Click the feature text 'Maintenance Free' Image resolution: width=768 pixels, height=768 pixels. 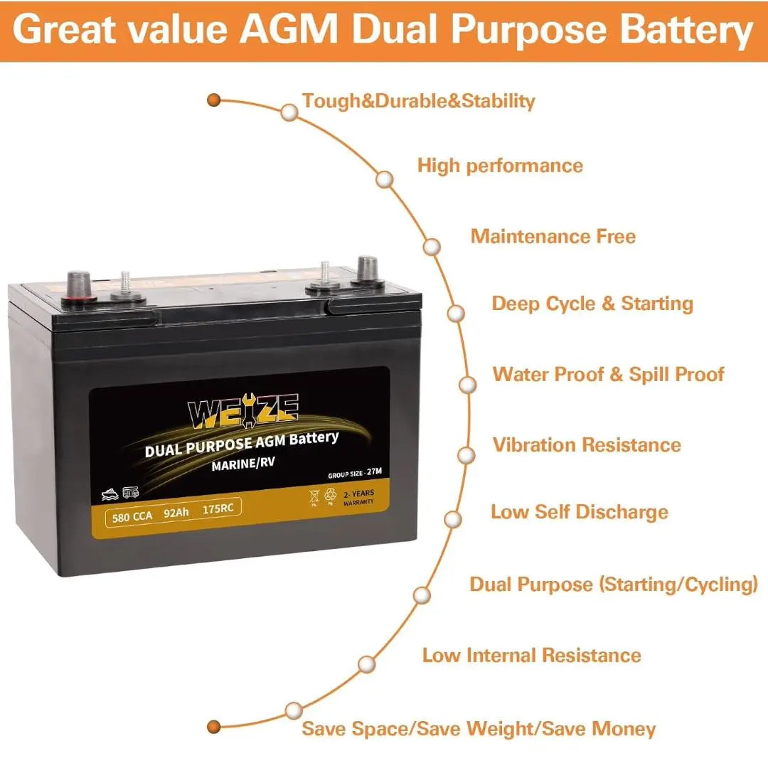pos(553,236)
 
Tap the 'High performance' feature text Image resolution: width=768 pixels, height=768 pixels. pos(499,166)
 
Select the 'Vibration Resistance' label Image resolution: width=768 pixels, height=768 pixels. pos(587,445)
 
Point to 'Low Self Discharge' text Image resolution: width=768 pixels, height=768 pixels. pos(579,512)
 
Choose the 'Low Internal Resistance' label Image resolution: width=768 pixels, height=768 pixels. pos(531,655)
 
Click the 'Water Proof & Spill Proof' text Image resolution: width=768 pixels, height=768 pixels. pos(608,374)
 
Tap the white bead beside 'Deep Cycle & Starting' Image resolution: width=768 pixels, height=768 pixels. pos(457,313)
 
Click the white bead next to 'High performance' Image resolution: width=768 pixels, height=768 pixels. pos(385,180)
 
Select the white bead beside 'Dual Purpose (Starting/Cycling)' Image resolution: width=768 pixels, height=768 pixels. pos(422,594)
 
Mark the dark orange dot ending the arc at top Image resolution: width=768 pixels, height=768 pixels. pos(213,100)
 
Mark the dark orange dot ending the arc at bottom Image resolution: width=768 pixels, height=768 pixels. pos(213,726)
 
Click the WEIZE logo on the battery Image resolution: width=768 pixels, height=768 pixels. pos(242,412)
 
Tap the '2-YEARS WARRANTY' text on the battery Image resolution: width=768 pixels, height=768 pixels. pos(358,496)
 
